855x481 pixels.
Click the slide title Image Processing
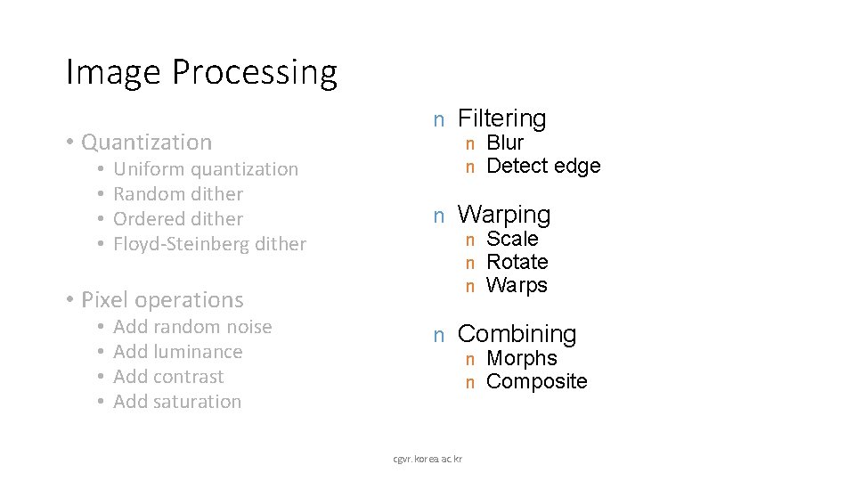click(201, 72)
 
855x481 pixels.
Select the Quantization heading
click(146, 142)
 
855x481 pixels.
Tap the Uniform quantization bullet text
click(207, 168)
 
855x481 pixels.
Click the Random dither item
click(179, 193)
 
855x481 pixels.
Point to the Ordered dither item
click(179, 218)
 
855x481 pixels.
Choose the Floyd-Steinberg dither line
click(210, 243)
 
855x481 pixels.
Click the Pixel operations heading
click(161, 299)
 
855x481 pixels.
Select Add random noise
click(193, 327)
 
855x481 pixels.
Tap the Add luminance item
click(178, 352)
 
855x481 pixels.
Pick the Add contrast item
click(169, 377)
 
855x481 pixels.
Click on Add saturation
click(178, 402)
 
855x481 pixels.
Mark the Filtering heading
click(501, 118)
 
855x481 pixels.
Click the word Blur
click(505, 143)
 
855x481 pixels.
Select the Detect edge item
click(543, 166)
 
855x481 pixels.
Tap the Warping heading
click(504, 214)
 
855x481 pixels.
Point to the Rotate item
click(517, 262)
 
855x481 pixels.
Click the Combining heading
click(517, 334)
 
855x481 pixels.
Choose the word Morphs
click(522, 358)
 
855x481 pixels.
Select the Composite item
click(537, 381)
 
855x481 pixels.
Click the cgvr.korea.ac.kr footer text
click(427, 458)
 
